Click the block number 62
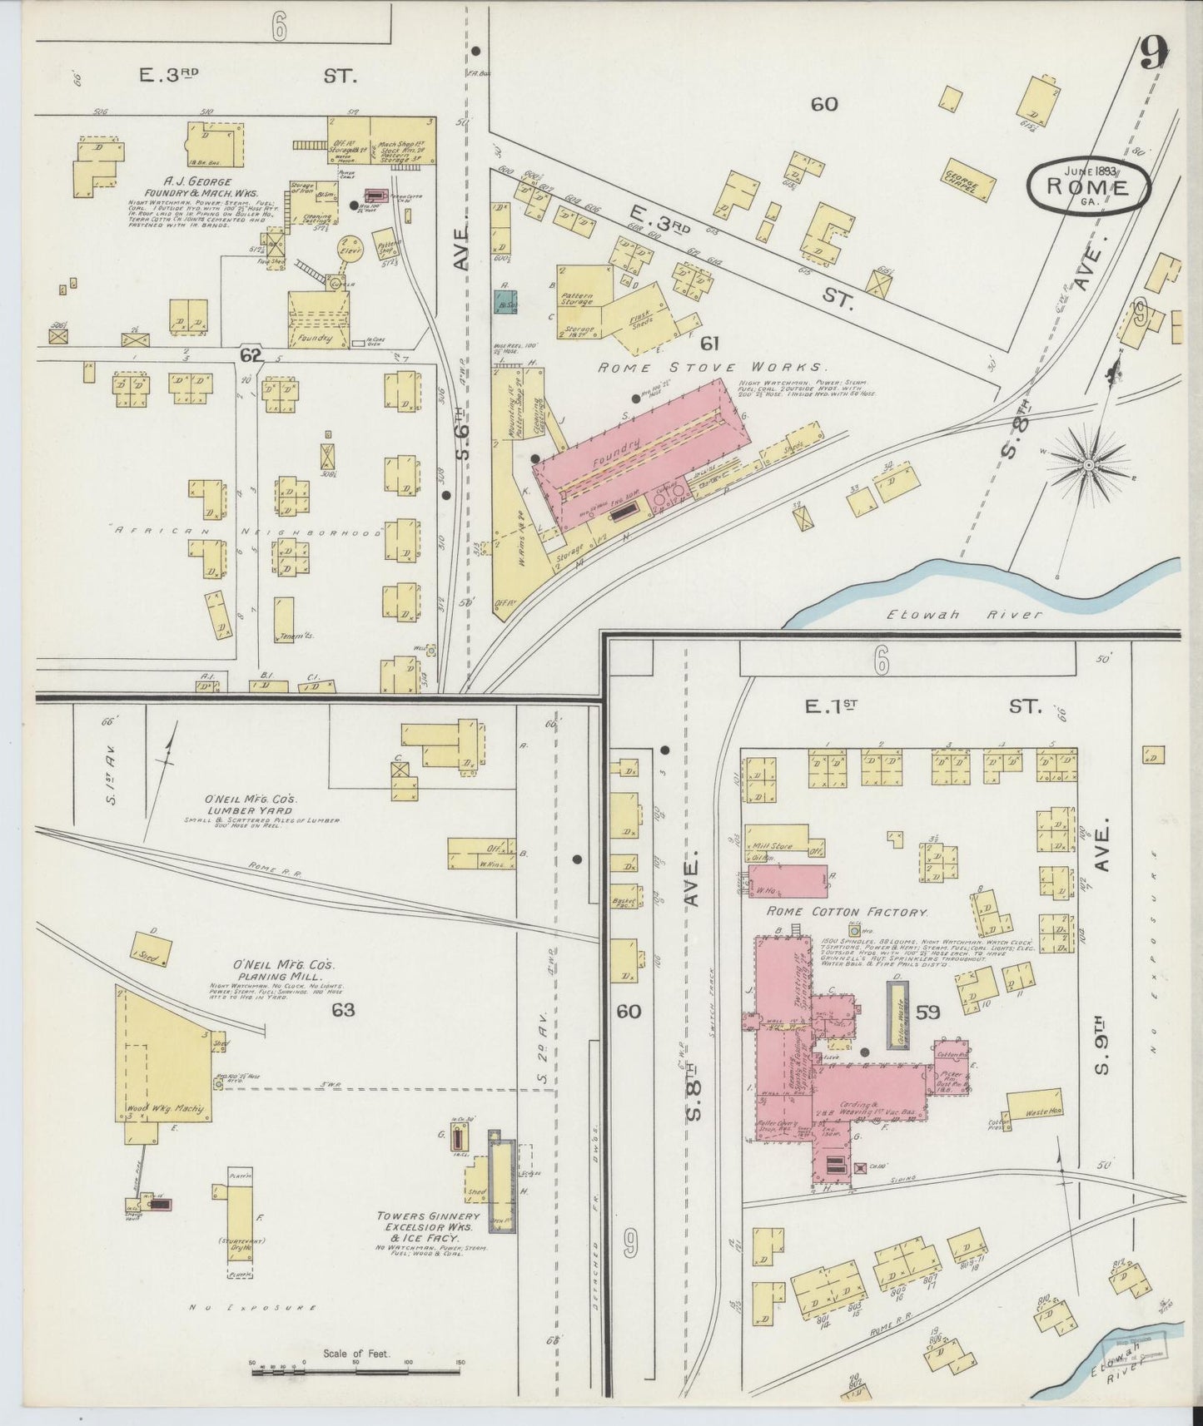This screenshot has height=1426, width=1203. (251, 355)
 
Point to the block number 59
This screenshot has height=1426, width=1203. (928, 1013)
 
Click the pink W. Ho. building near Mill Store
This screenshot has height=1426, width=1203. (787, 881)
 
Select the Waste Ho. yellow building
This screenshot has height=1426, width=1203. (1033, 1104)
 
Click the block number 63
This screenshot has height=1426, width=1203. (342, 1010)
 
